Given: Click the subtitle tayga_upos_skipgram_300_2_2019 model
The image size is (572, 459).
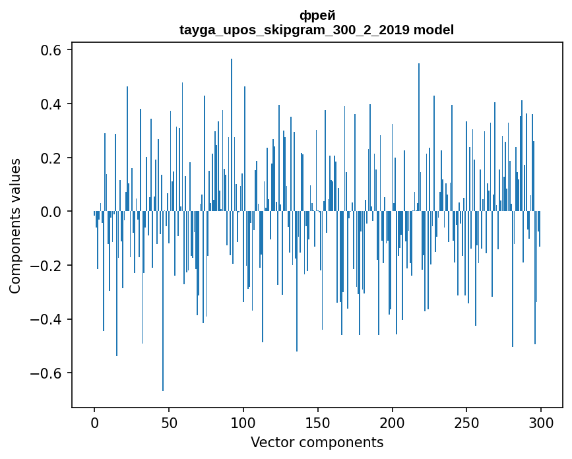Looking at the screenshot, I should click(317, 30).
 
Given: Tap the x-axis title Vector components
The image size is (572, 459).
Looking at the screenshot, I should click(317, 443).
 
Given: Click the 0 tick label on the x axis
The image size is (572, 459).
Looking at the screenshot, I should click(94, 422).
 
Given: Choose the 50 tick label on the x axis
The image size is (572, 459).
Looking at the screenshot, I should click(169, 422).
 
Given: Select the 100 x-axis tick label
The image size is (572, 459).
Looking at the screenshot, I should click(243, 422).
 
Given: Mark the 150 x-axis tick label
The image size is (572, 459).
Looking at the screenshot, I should click(318, 422).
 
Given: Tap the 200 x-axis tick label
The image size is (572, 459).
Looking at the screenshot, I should click(393, 422).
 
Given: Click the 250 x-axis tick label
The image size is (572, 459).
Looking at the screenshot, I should click(466, 422).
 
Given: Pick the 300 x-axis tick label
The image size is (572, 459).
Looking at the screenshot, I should click(541, 422).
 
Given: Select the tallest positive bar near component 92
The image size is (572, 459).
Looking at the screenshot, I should click(232, 132).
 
